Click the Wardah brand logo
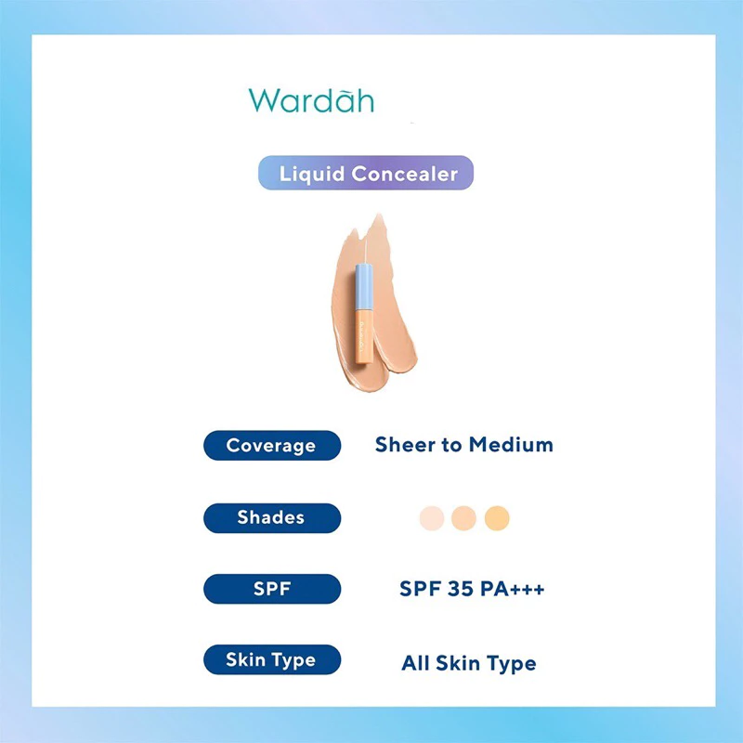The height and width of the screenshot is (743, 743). pos(311,100)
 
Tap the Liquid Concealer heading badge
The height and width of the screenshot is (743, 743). pos(366,173)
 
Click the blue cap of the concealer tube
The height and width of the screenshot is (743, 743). pos(363,286)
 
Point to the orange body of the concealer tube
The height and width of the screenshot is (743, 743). pos(363,335)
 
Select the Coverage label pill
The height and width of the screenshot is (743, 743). pos(272,446)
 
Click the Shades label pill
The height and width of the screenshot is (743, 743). pos(272,518)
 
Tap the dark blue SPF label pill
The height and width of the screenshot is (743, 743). pos(272,589)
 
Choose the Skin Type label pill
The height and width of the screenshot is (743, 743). pos(272,659)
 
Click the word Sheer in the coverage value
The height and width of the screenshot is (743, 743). pos(405,445)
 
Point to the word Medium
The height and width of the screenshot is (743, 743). pos(511,445)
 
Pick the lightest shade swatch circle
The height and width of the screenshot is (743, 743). pos(432,518)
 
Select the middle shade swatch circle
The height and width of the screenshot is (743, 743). pos(463,518)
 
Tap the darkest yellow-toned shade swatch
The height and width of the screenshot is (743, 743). pos(497,518)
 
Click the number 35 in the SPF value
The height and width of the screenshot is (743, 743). pos(461,589)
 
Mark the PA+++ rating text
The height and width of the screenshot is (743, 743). pos(513,589)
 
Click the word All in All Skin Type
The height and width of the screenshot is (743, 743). pos(415,663)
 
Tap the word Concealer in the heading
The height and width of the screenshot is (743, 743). pos(405,174)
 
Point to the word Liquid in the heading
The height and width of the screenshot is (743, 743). pos(312,175)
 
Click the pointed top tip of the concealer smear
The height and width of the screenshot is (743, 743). pos(379,215)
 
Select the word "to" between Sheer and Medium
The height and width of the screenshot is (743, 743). pos(452,445)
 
